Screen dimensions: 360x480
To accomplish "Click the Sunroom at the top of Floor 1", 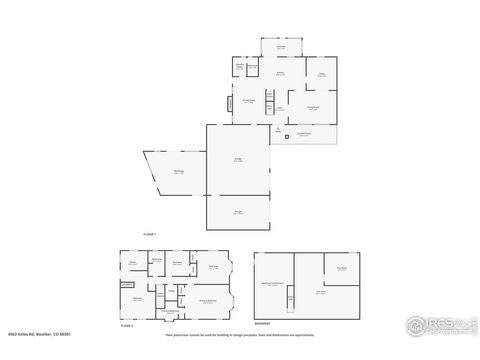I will coord(281,47).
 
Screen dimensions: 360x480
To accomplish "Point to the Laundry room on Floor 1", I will coord(240,68).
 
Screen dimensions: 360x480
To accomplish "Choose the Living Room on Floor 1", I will coord(312,107).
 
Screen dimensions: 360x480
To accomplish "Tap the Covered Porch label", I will coord(304,135).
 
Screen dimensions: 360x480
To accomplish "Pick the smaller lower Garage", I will coord(238,212).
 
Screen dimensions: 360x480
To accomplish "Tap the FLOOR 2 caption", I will coord(126,326).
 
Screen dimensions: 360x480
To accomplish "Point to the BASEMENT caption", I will coord(262,239).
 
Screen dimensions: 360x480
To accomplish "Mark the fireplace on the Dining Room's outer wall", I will coord(228,102).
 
